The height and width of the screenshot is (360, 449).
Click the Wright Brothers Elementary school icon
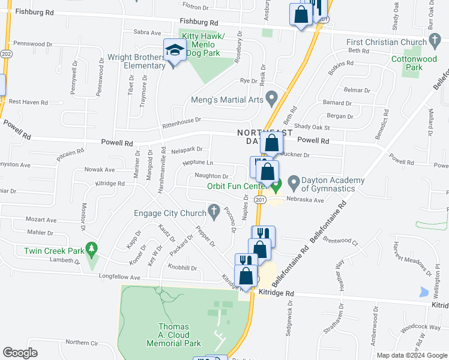[x=174, y=50]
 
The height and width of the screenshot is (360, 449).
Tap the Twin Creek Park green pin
[x=91, y=248]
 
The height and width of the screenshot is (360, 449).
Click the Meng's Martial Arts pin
[x=271, y=97]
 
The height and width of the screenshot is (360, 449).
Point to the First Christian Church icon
[x=435, y=41]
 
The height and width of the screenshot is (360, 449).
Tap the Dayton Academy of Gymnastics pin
[x=294, y=181]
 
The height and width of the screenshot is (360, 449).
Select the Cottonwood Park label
[x=414, y=63]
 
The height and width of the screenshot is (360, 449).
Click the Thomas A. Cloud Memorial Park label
[x=174, y=335]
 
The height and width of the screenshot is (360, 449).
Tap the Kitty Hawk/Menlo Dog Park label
[x=203, y=45]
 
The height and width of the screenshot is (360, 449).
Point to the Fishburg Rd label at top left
[x=35, y=11]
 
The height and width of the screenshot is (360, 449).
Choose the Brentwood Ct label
[x=340, y=240]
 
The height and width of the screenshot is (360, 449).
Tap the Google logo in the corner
[x=20, y=353]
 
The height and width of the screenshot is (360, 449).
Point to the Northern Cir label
[x=82, y=342]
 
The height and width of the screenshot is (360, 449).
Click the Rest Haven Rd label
[x=28, y=103]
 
